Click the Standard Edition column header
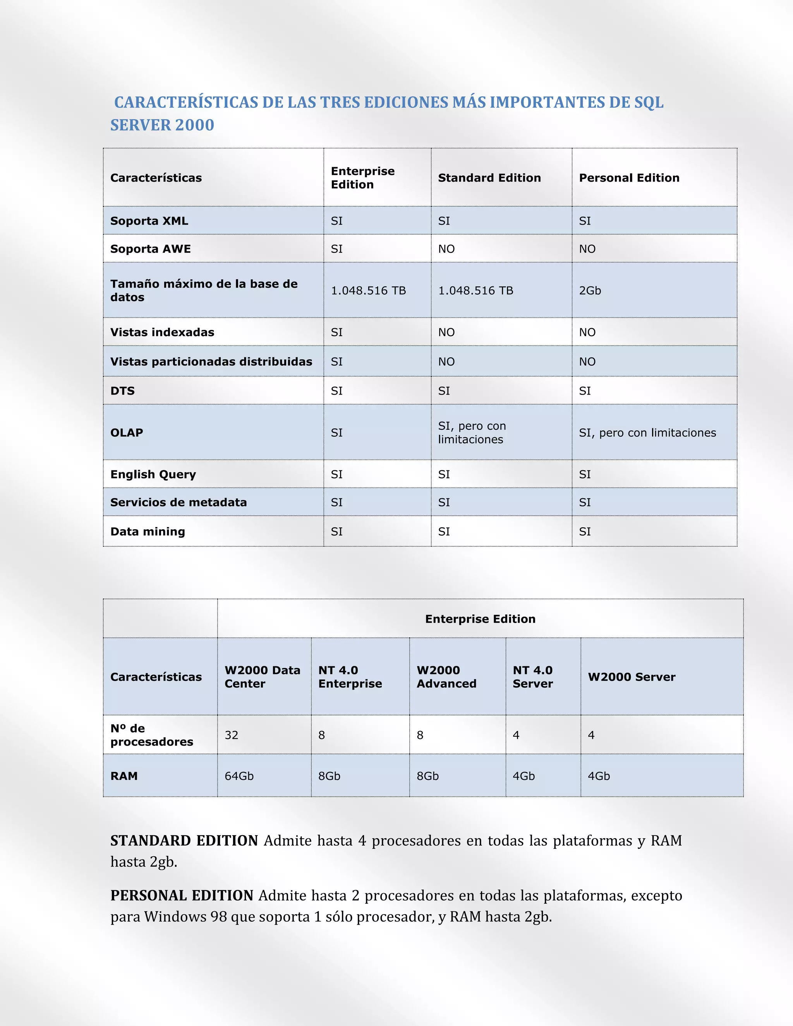coord(489,178)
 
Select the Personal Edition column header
coord(629,178)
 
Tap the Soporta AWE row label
coord(150,249)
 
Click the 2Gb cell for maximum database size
coord(590,291)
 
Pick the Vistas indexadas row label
coord(162,333)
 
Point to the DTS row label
coord(123,391)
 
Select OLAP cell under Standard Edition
coord(472,433)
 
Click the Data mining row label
coord(148,532)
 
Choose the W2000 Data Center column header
coord(262,677)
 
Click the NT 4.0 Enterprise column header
coord(350,677)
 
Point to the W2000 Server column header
coord(632,677)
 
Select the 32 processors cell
coord(232,735)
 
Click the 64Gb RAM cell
coord(239,776)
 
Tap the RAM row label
coord(124,776)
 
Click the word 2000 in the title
coord(195,125)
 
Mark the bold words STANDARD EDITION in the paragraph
coord(184,841)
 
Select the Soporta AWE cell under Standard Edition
coord(446,249)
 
